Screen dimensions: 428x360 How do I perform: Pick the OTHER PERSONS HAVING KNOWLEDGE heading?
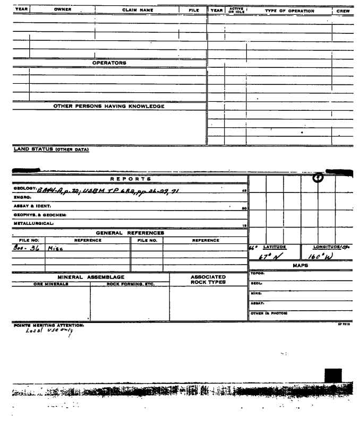(109, 106)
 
